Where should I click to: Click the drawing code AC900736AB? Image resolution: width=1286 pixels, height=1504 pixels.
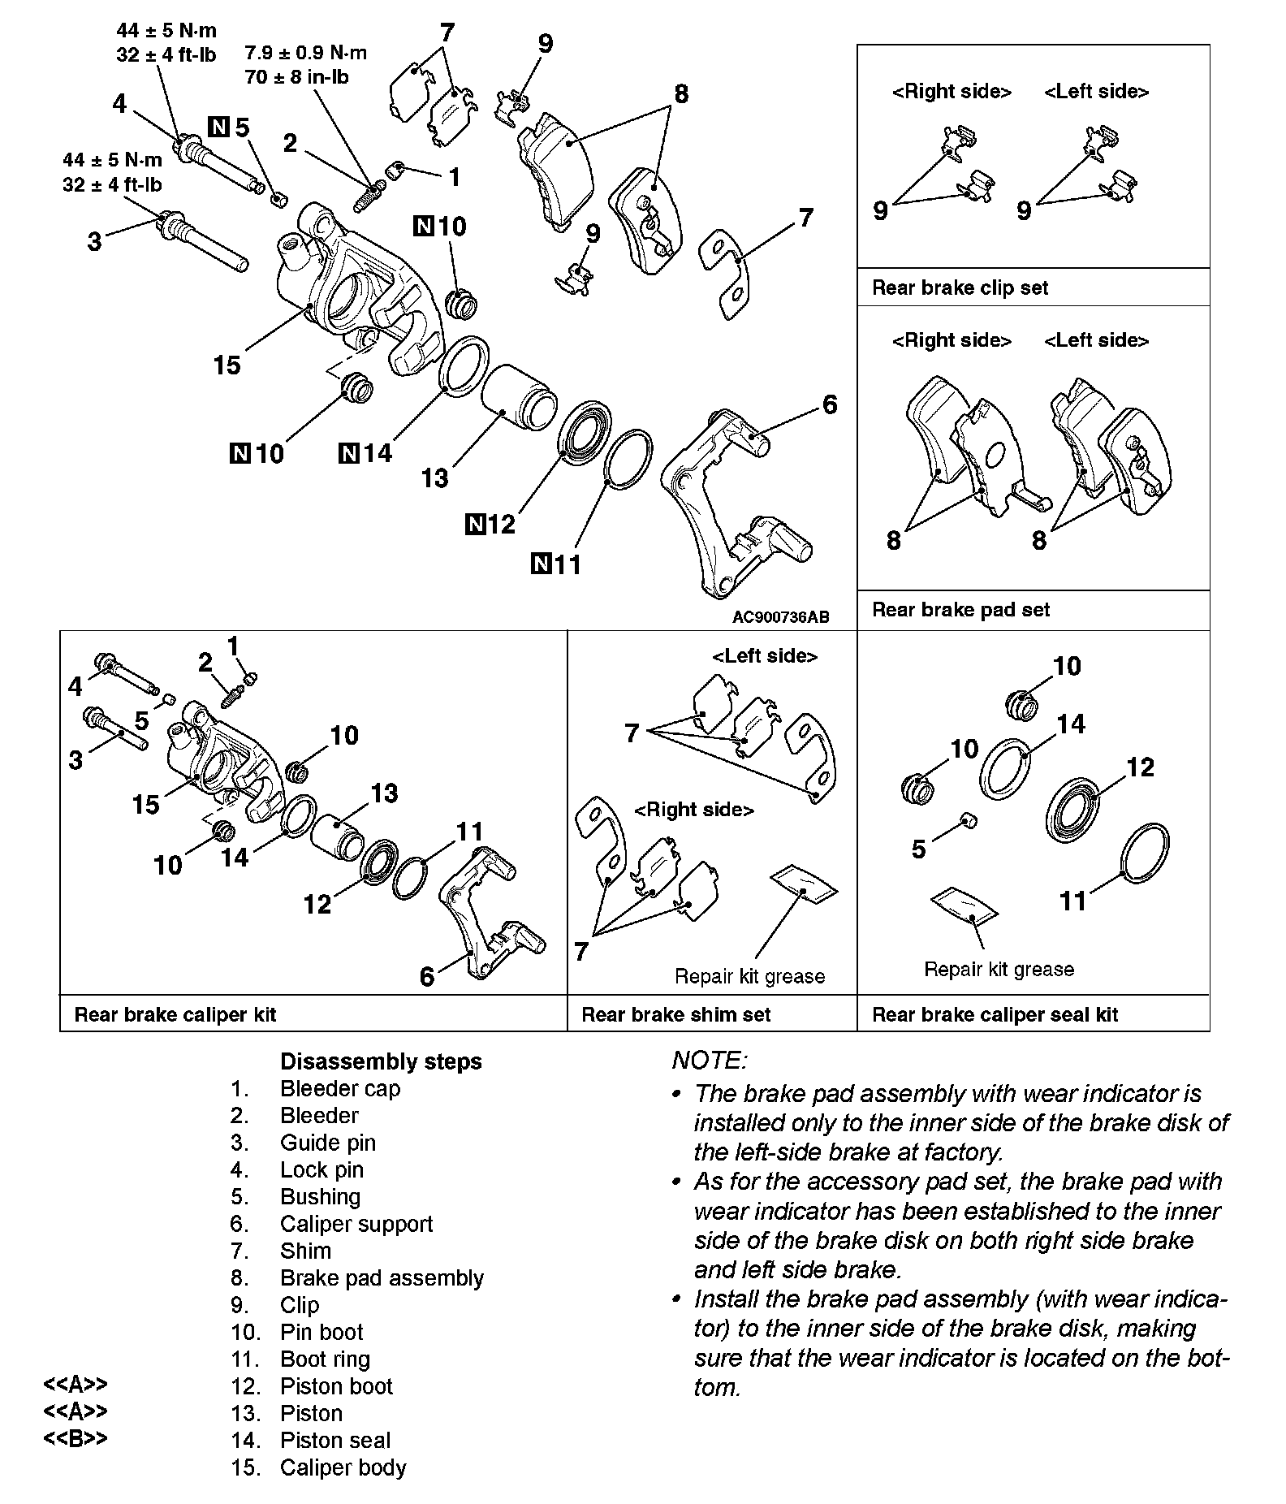coord(780,616)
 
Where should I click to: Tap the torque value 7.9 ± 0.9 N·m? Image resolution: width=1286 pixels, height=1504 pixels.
coord(305,54)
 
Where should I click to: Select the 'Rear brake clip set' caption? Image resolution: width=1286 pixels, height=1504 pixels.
coord(960,287)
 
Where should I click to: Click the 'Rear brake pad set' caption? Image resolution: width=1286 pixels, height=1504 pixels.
coord(960,610)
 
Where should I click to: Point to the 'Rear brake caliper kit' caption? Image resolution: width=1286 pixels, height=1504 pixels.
coord(175,1014)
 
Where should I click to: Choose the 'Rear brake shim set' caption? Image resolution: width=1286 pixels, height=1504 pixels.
coord(675,1014)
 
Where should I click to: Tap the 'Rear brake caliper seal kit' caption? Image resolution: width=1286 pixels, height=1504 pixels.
coord(995,1014)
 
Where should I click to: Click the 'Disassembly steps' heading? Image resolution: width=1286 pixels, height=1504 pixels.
coord(381,1061)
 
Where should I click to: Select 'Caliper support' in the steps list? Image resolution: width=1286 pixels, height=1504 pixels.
coord(356,1224)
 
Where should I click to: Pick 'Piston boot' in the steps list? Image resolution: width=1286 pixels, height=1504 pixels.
coord(336,1386)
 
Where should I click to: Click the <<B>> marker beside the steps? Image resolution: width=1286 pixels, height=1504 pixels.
coord(75,1438)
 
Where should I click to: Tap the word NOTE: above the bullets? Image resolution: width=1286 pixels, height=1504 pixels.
coord(709,1060)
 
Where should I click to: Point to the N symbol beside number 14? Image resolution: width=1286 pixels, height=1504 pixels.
coord(348,453)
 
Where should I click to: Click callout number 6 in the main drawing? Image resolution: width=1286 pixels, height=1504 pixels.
coord(829,404)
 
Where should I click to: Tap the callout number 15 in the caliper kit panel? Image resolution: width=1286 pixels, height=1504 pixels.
coord(146,805)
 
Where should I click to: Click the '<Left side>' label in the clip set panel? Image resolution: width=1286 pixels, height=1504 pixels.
coord(1096,92)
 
